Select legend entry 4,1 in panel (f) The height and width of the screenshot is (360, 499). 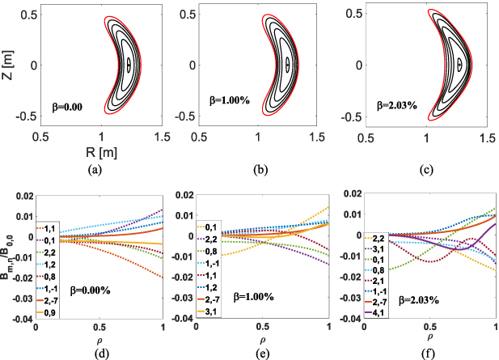[377, 311]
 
